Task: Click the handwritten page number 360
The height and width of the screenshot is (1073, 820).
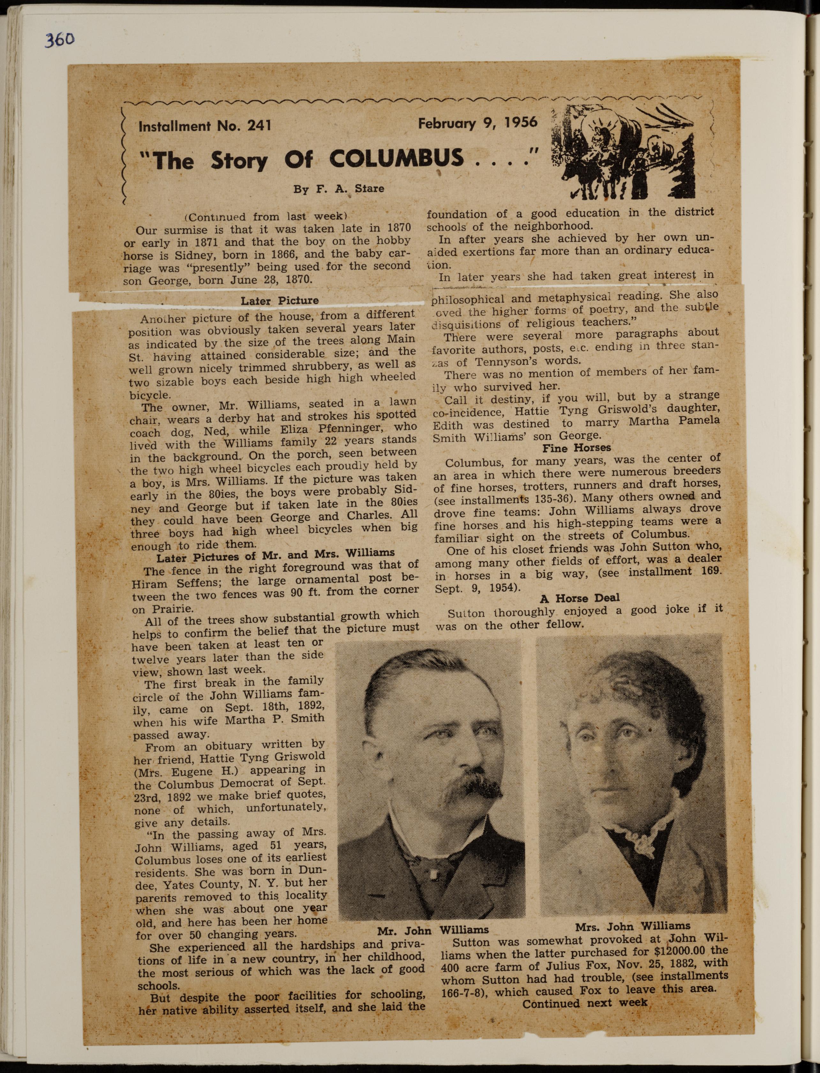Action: [x=60, y=39]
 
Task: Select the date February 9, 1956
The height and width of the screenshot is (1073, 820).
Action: [x=478, y=122]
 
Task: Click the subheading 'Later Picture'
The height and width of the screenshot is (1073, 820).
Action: [x=279, y=301]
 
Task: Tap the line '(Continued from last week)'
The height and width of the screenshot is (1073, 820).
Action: [x=266, y=217]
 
